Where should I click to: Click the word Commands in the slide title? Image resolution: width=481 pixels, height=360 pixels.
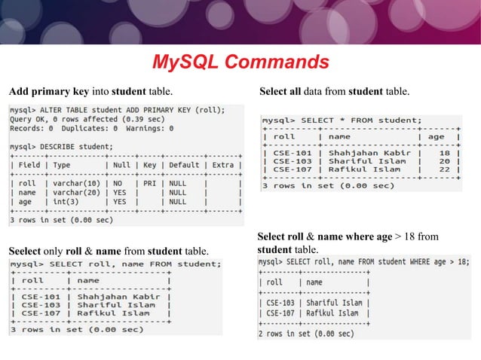coord(280,62)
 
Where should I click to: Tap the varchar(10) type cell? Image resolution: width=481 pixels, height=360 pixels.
coord(70,183)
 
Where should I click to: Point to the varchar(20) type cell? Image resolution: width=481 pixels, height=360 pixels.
coord(70,192)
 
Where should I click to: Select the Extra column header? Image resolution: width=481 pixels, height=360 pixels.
coord(223,164)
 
